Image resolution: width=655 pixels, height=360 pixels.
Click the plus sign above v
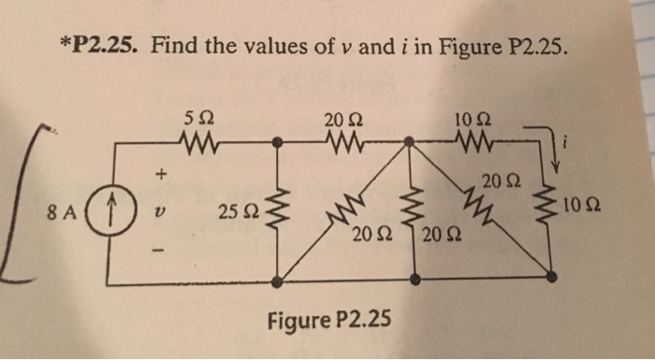(x=160, y=173)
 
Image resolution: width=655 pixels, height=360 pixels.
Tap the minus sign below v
(x=160, y=250)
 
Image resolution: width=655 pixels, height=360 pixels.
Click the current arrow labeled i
(x=557, y=150)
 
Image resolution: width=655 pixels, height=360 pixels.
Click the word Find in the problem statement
(x=174, y=43)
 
